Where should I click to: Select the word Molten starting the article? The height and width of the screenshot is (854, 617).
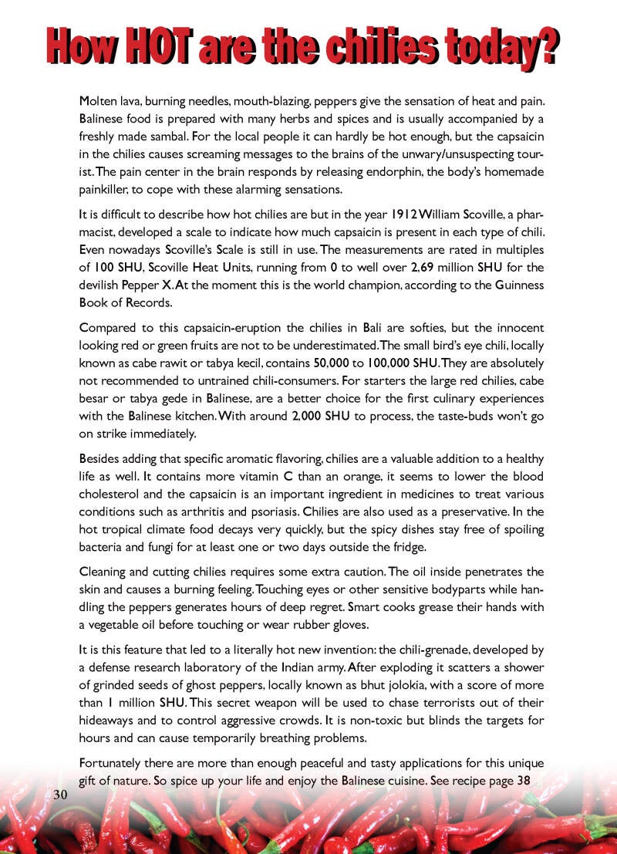pos(100,101)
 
